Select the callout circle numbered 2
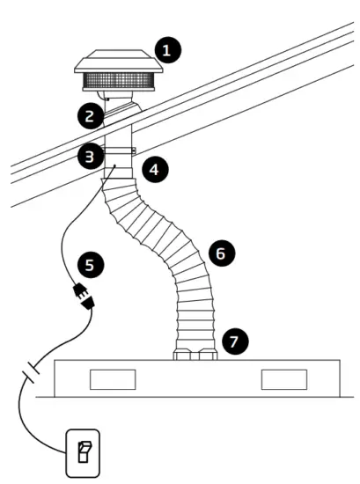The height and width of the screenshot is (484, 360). click(x=86, y=114)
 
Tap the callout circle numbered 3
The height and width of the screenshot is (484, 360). click(x=87, y=158)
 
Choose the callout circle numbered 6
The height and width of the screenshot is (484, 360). click(x=221, y=253)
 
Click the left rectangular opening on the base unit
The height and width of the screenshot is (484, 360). click(x=113, y=379)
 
